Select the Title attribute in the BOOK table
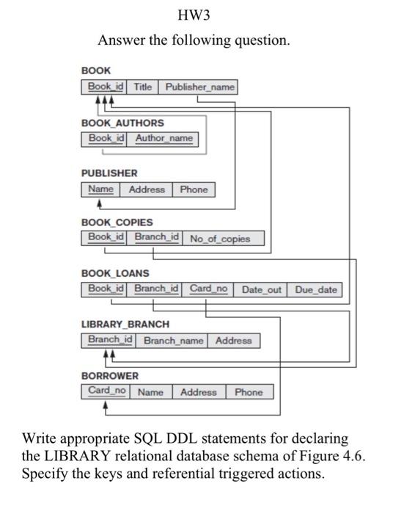(x=143, y=87)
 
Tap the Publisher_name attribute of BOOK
(x=200, y=87)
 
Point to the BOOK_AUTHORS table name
(x=122, y=123)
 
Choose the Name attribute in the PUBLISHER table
(x=101, y=189)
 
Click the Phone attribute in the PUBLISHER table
(x=194, y=189)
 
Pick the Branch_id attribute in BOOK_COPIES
(x=156, y=237)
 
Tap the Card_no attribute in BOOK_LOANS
(x=209, y=289)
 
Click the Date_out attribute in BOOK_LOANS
(x=261, y=289)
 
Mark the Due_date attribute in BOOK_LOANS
(x=316, y=289)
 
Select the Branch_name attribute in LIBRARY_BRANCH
(x=173, y=341)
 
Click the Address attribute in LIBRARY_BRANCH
(x=234, y=341)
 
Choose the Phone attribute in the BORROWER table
(x=249, y=392)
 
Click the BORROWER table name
(x=110, y=376)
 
